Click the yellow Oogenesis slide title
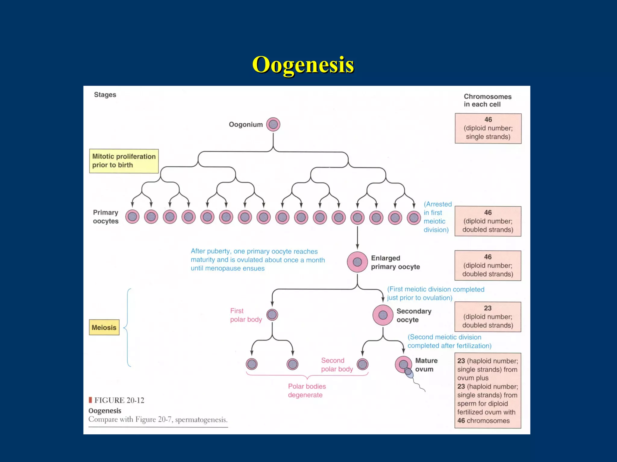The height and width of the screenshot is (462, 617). click(303, 65)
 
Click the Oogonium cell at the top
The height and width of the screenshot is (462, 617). click(273, 124)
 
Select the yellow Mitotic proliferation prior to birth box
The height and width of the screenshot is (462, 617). click(124, 161)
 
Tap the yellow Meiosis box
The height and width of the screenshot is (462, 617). click(104, 327)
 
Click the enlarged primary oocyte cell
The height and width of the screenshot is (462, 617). click(357, 262)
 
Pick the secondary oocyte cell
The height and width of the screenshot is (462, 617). click(383, 315)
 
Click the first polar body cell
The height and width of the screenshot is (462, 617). click(272, 315)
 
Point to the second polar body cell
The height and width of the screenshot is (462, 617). click(362, 364)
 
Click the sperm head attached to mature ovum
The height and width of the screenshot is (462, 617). click(409, 372)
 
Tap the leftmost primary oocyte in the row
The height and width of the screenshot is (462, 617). click(132, 217)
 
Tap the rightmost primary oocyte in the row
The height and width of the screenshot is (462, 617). click(414, 217)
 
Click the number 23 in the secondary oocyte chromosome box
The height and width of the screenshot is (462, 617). click(487, 308)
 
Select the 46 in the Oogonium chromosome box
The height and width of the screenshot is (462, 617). click(488, 119)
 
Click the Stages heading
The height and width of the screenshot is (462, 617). click(105, 95)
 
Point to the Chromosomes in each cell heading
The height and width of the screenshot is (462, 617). click(487, 100)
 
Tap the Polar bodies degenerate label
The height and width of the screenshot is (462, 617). click(307, 390)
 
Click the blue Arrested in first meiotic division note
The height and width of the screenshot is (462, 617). click(437, 217)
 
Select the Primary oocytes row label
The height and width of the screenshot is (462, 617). click(105, 217)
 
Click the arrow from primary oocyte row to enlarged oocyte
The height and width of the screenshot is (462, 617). click(357, 238)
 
